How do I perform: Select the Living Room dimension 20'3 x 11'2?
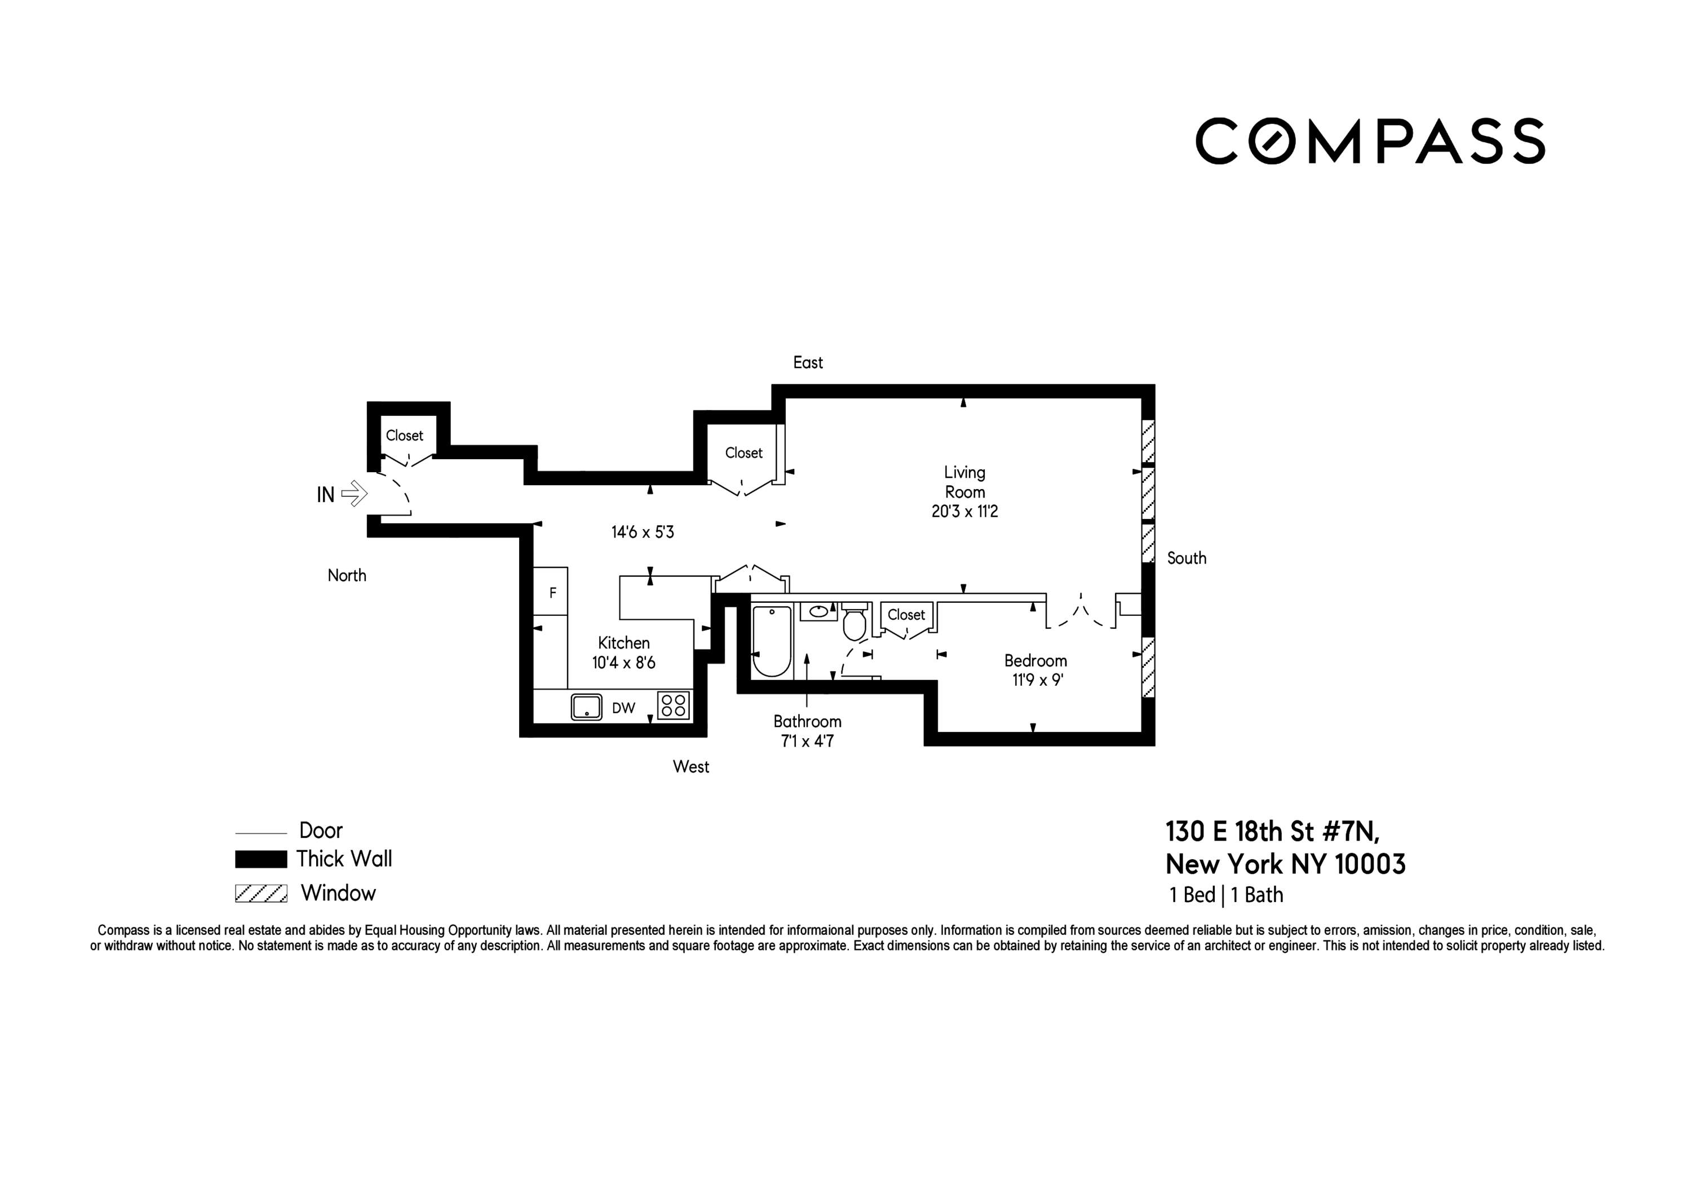pyautogui.click(x=964, y=512)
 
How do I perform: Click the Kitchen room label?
pyautogui.click(x=623, y=643)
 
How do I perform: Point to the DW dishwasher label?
pyautogui.click(x=623, y=708)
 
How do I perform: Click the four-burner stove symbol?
pyautogui.click(x=673, y=705)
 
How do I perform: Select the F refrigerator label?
pyautogui.click(x=552, y=593)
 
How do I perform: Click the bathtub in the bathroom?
pyautogui.click(x=771, y=641)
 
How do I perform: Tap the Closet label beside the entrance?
pyautogui.click(x=404, y=435)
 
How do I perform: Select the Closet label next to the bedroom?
pyautogui.click(x=906, y=615)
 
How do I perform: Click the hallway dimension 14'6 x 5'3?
pyautogui.click(x=642, y=532)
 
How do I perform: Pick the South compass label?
pyautogui.click(x=1187, y=558)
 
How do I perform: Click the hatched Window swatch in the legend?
pyautogui.click(x=261, y=893)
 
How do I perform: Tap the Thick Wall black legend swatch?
pyautogui.click(x=261, y=859)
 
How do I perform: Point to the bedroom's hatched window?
pyautogui.click(x=1148, y=667)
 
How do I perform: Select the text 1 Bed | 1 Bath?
pyautogui.click(x=1227, y=895)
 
